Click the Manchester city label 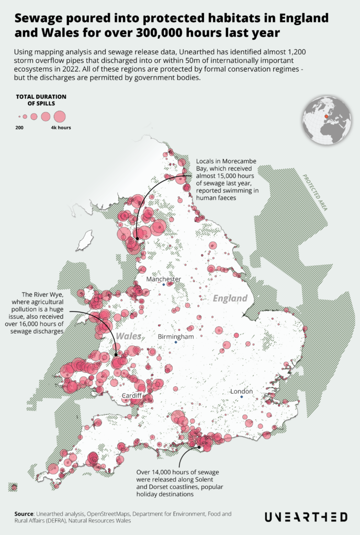[x=163, y=279]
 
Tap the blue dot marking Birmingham [x=176, y=342]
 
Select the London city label [x=242, y=391]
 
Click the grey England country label [x=230, y=298]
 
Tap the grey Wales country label [x=129, y=336]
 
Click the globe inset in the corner [x=326, y=119]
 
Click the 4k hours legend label [x=61, y=128]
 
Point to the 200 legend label [x=19, y=128]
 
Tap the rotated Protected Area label [x=314, y=192]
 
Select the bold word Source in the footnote [x=24, y=514]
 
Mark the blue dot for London [x=242, y=397]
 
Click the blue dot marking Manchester [x=163, y=285]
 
